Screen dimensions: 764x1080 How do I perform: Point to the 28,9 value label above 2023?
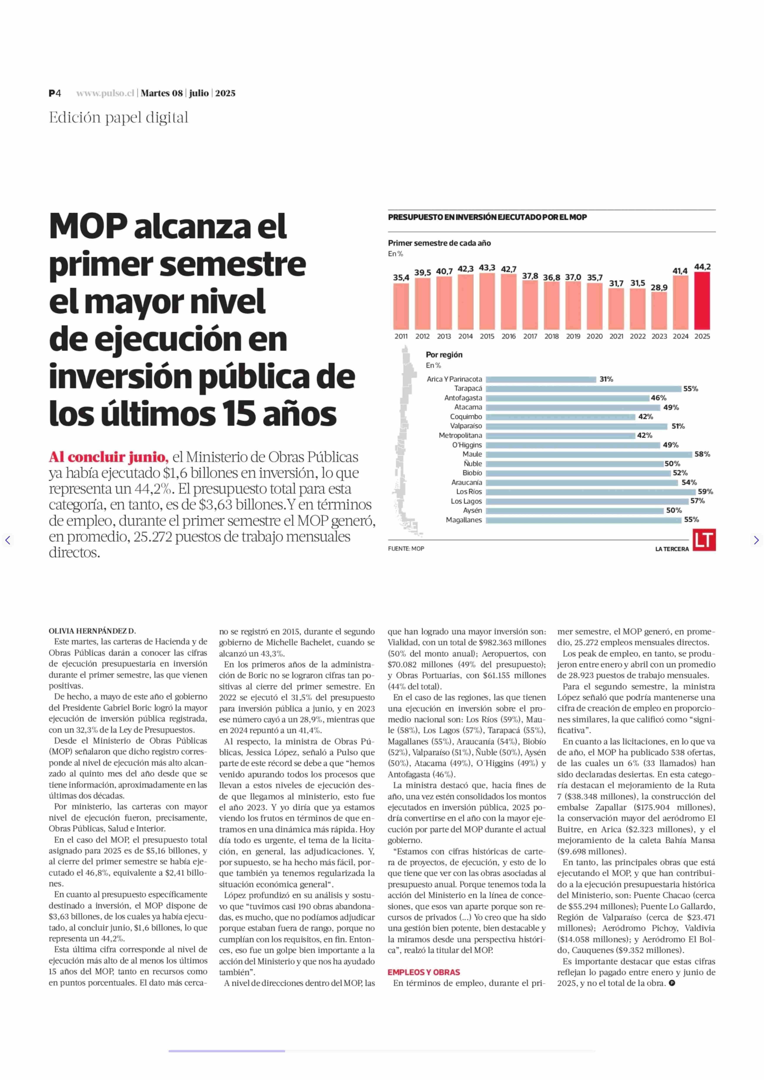coord(659,288)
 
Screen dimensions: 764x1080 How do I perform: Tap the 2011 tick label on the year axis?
coord(401,337)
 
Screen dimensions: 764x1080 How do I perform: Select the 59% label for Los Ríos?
coord(705,492)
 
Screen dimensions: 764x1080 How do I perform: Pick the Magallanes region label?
coord(464,520)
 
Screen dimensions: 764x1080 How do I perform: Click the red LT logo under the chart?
coord(704,540)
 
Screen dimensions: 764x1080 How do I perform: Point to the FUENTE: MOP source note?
coord(406,549)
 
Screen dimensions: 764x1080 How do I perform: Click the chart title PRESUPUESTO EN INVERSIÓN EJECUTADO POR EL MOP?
coord(487,217)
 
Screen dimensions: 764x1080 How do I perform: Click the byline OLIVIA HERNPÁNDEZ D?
coord(92,631)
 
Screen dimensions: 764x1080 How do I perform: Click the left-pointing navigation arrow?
coord(8,540)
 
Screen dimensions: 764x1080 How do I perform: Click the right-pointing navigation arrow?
coord(756,540)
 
